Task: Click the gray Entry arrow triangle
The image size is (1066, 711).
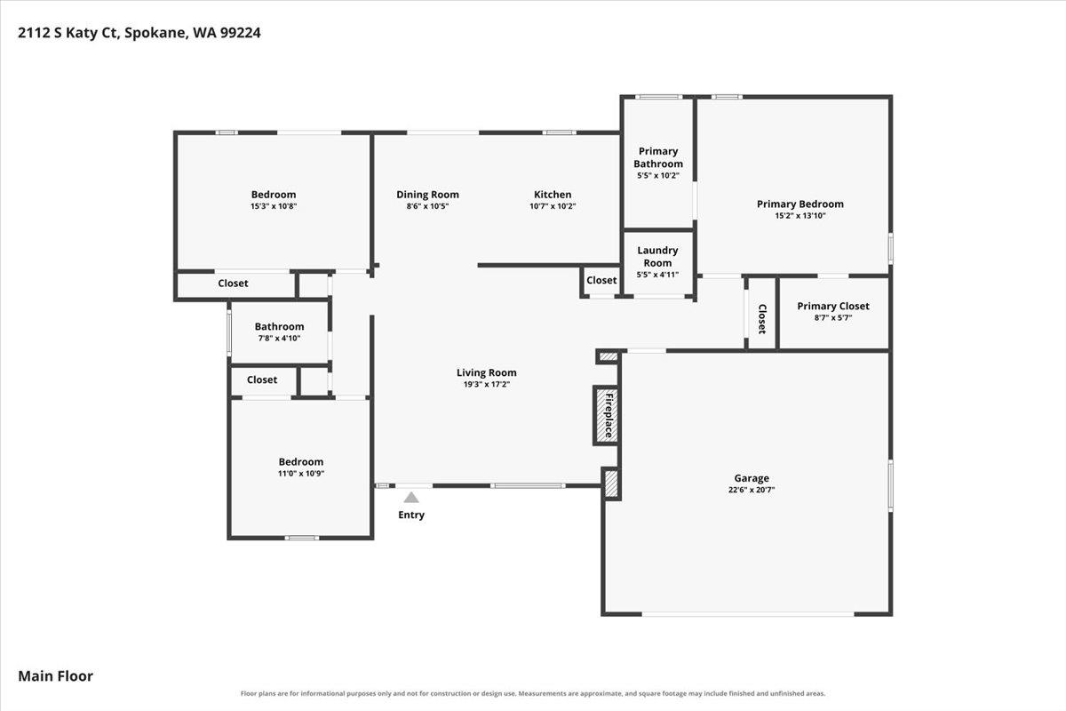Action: [411, 497]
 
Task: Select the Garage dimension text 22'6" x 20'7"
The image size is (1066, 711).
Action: [752, 490]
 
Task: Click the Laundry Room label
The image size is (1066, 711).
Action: [657, 257]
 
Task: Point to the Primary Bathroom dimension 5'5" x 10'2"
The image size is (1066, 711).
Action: [658, 175]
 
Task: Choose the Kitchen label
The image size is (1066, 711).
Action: [553, 195]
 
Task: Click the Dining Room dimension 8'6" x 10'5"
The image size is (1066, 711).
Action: [427, 206]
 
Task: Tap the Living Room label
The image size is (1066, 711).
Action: [487, 372]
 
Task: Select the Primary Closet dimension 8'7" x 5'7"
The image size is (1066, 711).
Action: [833, 317]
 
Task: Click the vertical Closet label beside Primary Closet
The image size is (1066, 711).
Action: [762, 318]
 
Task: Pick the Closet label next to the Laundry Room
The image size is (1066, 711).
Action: [601, 280]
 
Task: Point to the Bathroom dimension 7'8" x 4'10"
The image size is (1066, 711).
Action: [279, 338]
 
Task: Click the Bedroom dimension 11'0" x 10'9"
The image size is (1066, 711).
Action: [301, 474]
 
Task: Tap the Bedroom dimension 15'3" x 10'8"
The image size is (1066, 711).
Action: [274, 206]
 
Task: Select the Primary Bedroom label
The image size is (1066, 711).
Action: [800, 204]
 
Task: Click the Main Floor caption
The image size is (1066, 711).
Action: [56, 675]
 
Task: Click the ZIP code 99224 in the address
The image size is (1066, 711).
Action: [241, 32]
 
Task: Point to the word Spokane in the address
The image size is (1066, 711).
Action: [155, 33]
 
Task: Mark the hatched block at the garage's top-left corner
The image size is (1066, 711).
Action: [609, 356]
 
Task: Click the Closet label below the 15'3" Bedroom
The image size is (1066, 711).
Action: [233, 283]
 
